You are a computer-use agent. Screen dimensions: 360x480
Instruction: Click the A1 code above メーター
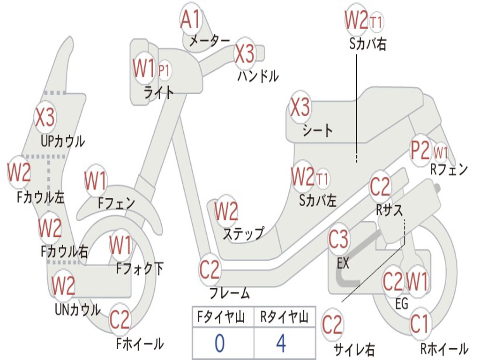pyautogui.click(x=191, y=20)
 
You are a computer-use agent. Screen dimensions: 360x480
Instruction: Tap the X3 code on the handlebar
pyautogui.click(x=245, y=53)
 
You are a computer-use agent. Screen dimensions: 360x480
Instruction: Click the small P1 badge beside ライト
pyautogui.click(x=164, y=71)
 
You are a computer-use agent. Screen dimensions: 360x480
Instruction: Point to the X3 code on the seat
pyautogui.click(x=300, y=108)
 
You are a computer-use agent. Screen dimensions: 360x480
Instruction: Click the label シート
pyautogui.click(x=317, y=130)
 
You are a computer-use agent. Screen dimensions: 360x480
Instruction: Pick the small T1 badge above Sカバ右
pyautogui.click(x=376, y=21)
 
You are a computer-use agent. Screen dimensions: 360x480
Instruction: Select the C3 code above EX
pyautogui.click(x=338, y=240)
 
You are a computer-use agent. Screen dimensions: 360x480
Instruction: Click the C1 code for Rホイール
pyautogui.click(x=420, y=323)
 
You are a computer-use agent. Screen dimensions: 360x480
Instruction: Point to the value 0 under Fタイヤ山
pyautogui.click(x=219, y=344)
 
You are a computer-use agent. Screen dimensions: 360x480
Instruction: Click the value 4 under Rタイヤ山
pyautogui.click(x=281, y=344)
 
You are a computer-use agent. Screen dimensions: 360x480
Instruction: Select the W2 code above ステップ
pyautogui.click(x=226, y=211)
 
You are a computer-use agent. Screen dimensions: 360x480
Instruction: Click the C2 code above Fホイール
pyautogui.click(x=120, y=320)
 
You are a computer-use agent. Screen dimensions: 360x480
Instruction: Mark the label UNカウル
pyautogui.click(x=77, y=309)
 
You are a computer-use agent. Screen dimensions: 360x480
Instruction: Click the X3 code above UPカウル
pyautogui.click(x=45, y=117)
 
